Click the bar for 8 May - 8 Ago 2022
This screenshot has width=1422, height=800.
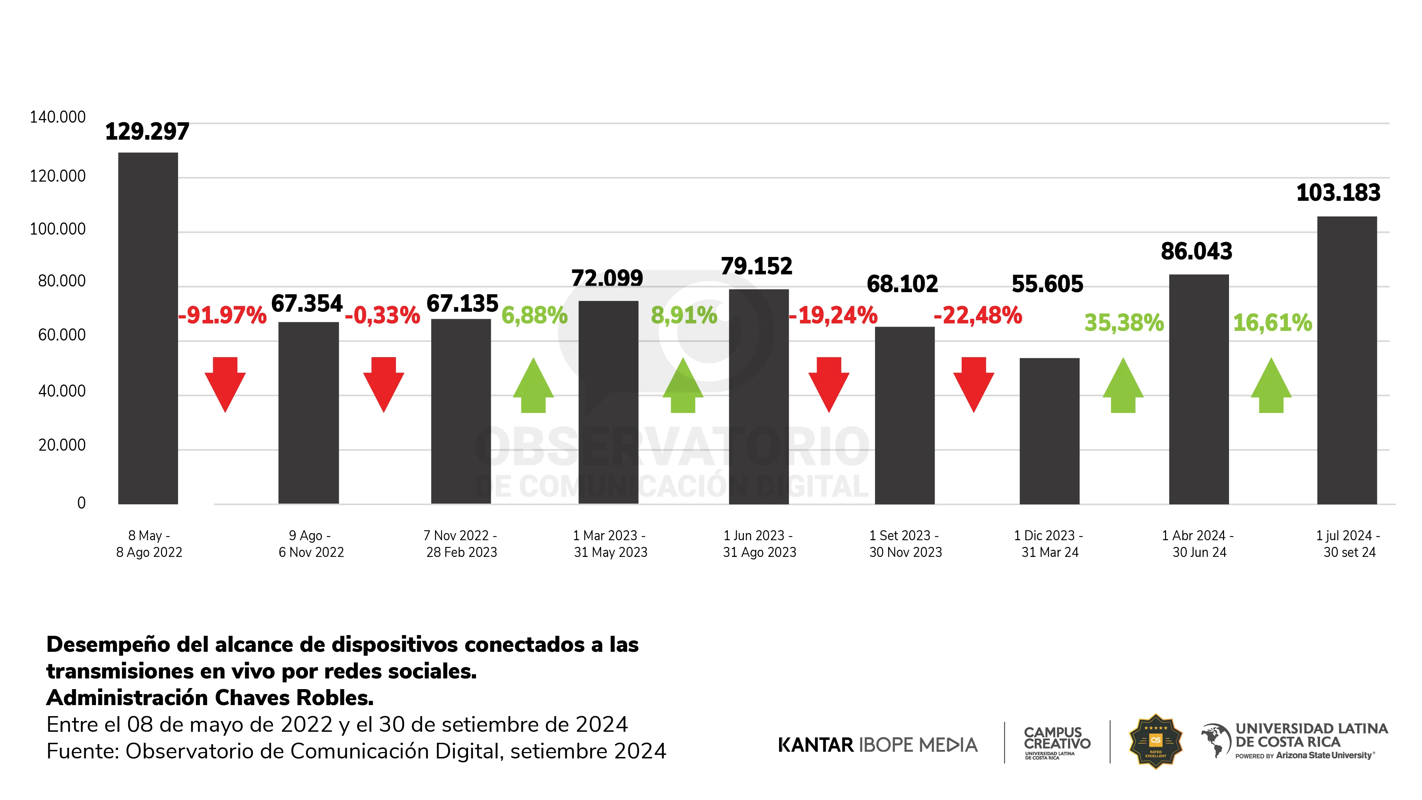pyautogui.click(x=148, y=328)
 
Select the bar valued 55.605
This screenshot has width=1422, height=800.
pyautogui.click(x=1049, y=431)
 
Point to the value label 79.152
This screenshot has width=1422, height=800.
pyautogui.click(x=756, y=266)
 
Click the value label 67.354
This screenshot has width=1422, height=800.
pyautogui.click(x=307, y=304)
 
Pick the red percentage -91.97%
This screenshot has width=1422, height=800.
pyautogui.click(x=222, y=315)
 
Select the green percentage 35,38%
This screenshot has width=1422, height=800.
pyautogui.click(x=1124, y=322)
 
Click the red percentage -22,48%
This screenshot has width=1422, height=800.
pyautogui.click(x=978, y=315)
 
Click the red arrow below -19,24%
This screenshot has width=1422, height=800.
pyautogui.click(x=828, y=384)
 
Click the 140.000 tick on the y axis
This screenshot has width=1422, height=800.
pyautogui.click(x=58, y=117)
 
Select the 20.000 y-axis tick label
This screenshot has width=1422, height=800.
pyautogui.click(x=62, y=445)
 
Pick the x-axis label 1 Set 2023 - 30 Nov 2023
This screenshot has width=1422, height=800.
pyautogui.click(x=905, y=544)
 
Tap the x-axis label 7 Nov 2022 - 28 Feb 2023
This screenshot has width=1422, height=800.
pyautogui.click(x=461, y=544)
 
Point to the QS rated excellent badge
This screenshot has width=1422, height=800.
pyautogui.click(x=1155, y=741)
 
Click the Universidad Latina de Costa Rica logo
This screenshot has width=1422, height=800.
pyautogui.click(x=1294, y=741)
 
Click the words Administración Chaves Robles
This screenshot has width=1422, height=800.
pyautogui.click(x=210, y=698)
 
